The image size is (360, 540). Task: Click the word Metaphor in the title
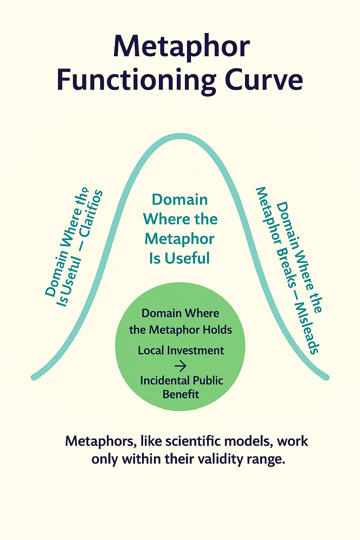181,47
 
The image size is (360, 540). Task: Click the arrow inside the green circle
180,366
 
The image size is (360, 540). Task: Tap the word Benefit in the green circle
181,394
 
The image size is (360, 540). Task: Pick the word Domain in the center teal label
180,200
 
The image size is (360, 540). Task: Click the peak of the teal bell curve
181,136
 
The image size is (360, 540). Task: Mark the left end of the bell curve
34,377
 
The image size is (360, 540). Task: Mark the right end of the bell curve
327,378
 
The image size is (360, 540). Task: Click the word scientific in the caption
191,441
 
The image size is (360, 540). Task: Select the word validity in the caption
220,459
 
